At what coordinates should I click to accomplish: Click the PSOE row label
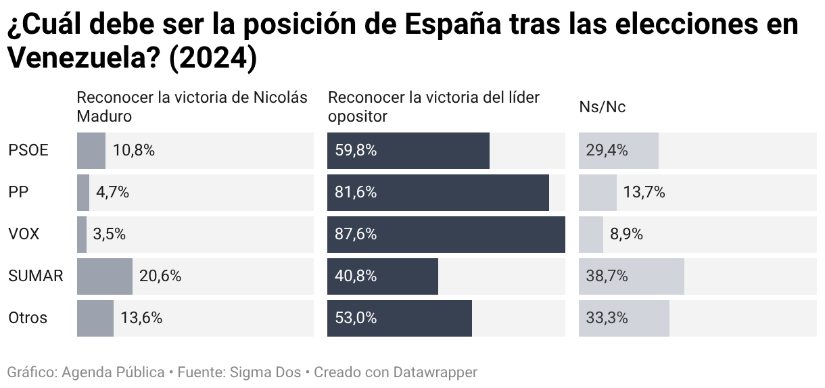tap(28, 150)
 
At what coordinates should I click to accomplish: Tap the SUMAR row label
tap(36, 276)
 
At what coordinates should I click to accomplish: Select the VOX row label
tap(24, 234)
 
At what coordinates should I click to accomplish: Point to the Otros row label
tap(28, 318)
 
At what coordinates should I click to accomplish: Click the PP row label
tap(18, 192)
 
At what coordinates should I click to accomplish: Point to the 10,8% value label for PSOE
tap(134, 150)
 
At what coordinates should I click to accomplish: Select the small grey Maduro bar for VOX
tap(82, 234)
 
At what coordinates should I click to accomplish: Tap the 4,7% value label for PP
tap(112, 192)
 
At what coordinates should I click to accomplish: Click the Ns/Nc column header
tap(602, 107)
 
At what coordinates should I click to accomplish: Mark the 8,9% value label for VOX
tap(626, 234)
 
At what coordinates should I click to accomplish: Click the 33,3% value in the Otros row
tap(607, 318)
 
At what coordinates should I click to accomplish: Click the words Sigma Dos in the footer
tap(266, 372)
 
